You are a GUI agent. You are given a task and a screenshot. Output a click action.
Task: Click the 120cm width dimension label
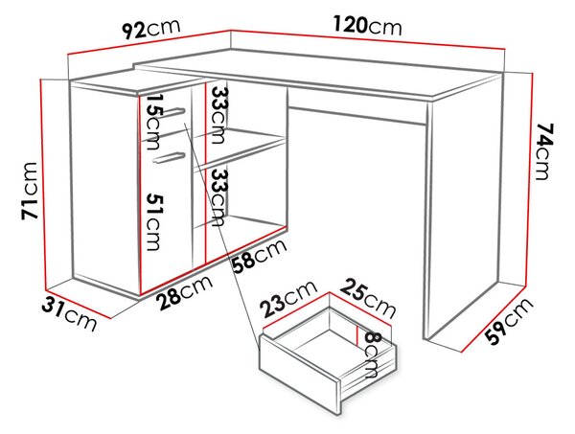point(367,26)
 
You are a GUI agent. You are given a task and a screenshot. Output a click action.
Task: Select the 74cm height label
point(543,151)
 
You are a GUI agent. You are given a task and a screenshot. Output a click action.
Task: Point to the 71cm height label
point(30,191)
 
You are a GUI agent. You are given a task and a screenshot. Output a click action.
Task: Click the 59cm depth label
point(509,321)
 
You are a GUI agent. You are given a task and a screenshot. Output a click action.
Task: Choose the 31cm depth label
point(69,314)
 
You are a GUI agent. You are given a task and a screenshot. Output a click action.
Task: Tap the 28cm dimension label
point(184,292)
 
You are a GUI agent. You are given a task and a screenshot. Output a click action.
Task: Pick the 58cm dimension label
point(260,257)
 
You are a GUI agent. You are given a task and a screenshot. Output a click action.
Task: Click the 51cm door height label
point(154,221)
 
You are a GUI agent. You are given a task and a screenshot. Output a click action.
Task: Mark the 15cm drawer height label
point(154,122)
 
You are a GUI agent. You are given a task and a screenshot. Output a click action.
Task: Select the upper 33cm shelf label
point(218,115)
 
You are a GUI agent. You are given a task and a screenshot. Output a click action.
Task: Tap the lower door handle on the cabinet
point(169,157)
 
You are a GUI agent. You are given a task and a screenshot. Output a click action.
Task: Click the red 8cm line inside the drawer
point(356,334)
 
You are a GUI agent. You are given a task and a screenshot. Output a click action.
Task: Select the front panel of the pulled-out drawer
point(300,373)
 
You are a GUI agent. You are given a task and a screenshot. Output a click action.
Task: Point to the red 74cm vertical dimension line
point(528,179)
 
